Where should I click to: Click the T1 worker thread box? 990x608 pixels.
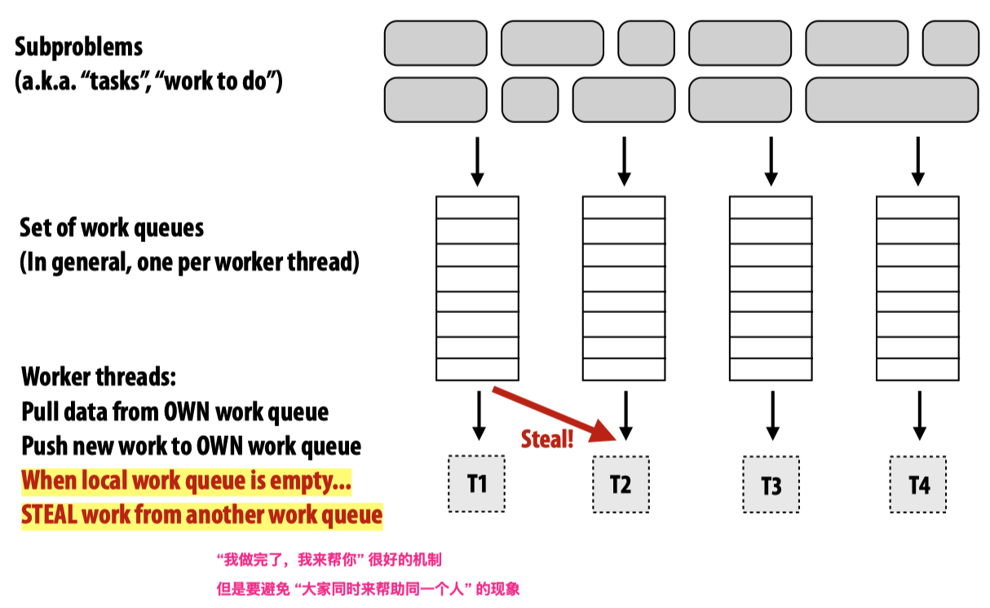[x=477, y=484]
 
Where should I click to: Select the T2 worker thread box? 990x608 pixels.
[x=621, y=485]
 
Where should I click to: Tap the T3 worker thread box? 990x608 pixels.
[x=771, y=486]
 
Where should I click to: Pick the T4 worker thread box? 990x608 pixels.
[x=918, y=485]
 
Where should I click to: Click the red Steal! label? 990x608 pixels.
[x=547, y=440]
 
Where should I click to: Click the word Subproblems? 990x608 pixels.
[x=78, y=46]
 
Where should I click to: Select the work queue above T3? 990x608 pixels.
[x=771, y=289]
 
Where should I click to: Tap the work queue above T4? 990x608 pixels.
[x=917, y=289]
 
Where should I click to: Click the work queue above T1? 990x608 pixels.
[x=477, y=289]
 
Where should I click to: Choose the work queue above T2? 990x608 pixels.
[x=624, y=289]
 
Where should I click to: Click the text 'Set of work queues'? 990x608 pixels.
[x=112, y=227]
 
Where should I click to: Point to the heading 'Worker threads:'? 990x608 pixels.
[x=99, y=377]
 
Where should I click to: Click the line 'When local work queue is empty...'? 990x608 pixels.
[x=187, y=481]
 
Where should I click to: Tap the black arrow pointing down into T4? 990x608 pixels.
[x=919, y=416]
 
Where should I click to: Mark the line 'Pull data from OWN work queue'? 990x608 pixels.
[x=175, y=412]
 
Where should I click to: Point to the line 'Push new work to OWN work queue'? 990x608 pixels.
[x=191, y=447]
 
